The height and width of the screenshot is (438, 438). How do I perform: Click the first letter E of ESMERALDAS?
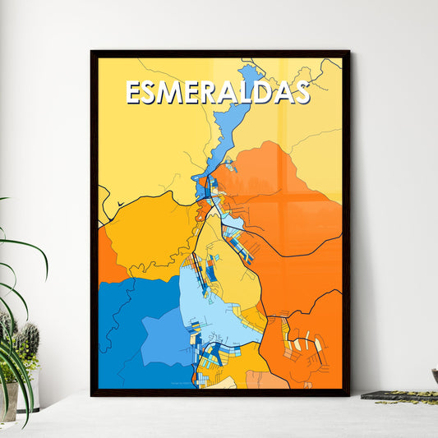click(x=133, y=92)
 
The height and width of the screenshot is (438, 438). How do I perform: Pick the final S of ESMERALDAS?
click(x=301, y=92)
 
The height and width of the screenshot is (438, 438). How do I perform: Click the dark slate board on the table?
click(x=399, y=396)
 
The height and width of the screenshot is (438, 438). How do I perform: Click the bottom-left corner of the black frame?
click(x=93, y=394)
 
